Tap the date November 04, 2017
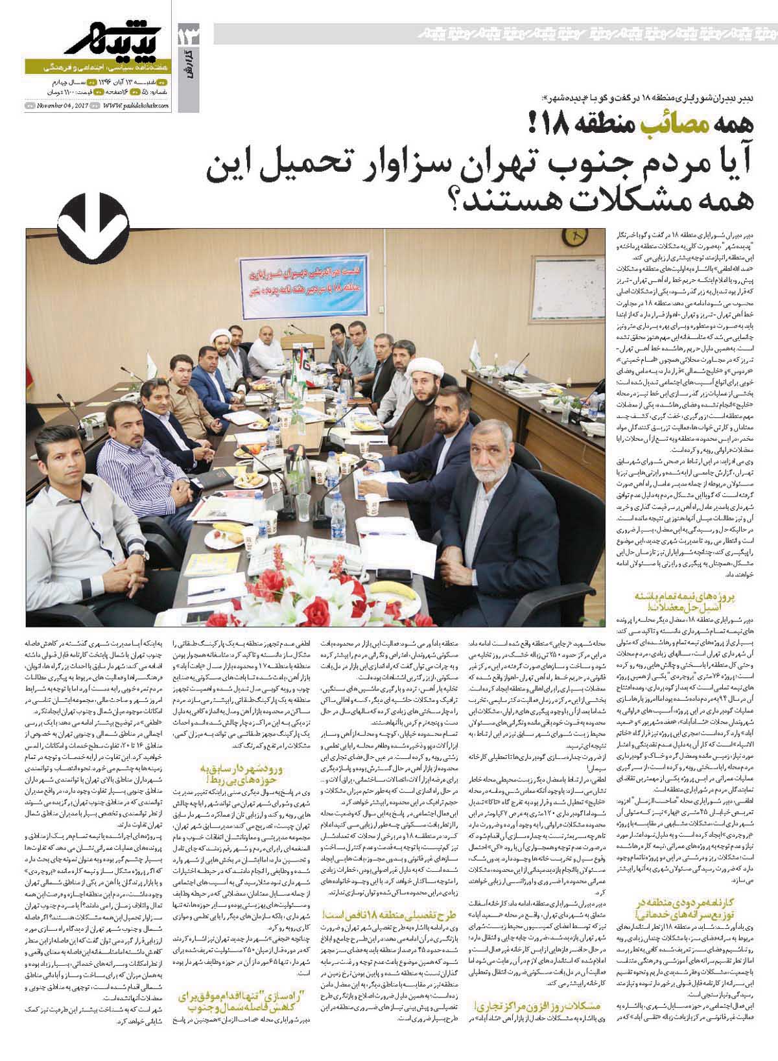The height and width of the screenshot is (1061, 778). pyautogui.click(x=62, y=106)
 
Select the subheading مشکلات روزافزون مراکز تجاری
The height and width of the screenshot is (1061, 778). pyautogui.click(x=534, y=1007)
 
